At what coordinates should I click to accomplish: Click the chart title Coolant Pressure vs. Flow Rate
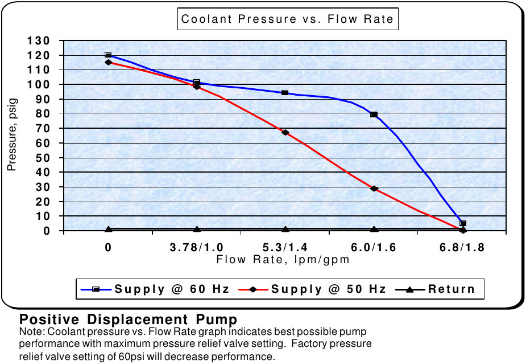click(x=287, y=19)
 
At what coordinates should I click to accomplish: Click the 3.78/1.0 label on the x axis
click(x=197, y=248)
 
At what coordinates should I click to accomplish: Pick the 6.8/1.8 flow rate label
click(x=462, y=248)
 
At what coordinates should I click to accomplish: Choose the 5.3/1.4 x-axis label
click(x=285, y=248)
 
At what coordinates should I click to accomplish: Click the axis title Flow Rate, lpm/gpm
click(x=283, y=260)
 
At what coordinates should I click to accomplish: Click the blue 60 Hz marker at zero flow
click(x=108, y=55)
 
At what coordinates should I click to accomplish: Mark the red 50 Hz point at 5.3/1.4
click(x=285, y=132)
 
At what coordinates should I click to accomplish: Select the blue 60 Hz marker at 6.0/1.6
click(x=374, y=114)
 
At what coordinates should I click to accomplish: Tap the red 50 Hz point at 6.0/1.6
click(x=374, y=188)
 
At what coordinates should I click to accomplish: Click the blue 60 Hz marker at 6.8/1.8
click(x=463, y=223)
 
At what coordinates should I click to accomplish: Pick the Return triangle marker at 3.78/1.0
click(x=197, y=229)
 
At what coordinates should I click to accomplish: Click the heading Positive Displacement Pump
click(x=129, y=318)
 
